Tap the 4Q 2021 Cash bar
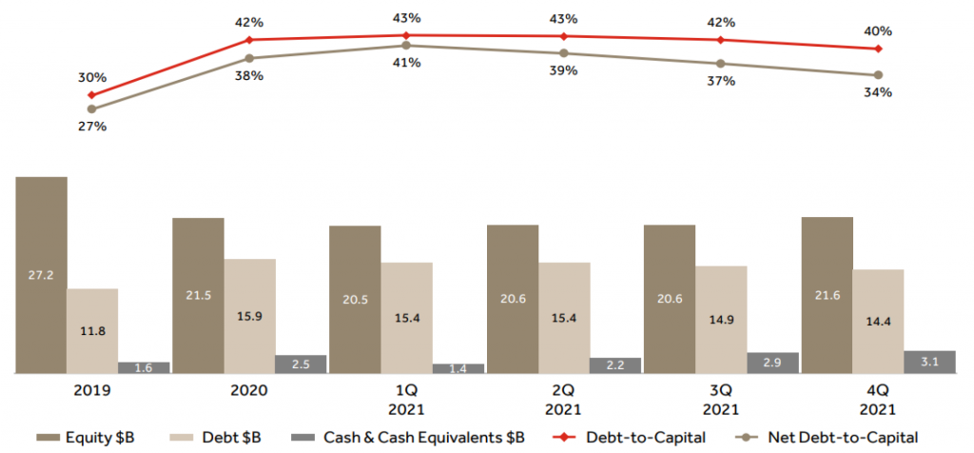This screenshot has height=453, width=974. (930, 362)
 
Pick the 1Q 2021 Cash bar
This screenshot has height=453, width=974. (458, 367)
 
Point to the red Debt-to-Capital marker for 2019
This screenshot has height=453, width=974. (91, 95)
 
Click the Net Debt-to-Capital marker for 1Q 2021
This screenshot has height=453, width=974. (406, 45)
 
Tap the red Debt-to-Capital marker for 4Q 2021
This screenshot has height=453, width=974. (878, 49)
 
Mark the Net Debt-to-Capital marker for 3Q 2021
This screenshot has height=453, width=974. (721, 64)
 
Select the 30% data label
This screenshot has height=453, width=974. (93, 78)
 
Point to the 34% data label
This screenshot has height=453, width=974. (878, 92)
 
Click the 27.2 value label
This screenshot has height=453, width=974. (41, 275)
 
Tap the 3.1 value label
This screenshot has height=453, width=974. (930, 362)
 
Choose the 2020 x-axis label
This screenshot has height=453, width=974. (248, 390)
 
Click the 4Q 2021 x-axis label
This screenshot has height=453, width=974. (878, 400)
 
